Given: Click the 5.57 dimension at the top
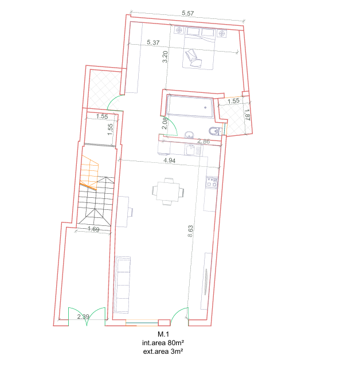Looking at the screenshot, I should coord(189,13).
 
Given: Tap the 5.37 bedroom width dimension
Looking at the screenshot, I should coord(154,42).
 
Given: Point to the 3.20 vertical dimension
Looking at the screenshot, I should coord(165,57).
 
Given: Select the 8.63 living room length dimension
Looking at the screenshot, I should coord(190,232).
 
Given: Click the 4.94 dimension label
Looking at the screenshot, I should coord(170,161).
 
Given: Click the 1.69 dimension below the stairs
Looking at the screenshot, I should coord(93,229).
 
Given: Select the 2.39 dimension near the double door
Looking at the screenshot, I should coord(83,317).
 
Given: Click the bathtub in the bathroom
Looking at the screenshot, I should coord(189,107).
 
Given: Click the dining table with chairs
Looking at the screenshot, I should coord(169,192).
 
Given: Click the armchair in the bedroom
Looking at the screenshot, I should coord(193,58).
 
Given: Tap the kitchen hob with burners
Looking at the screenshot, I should coord(212,182).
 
